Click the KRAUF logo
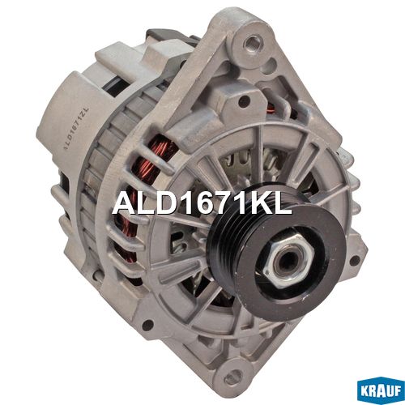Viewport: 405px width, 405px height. click(381, 390)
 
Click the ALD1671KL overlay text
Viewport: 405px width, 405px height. click(202, 201)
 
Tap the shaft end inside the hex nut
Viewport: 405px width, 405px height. click(286, 261)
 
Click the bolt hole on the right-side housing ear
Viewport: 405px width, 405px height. click(355, 260)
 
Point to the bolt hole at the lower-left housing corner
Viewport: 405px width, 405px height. click(147, 326)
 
